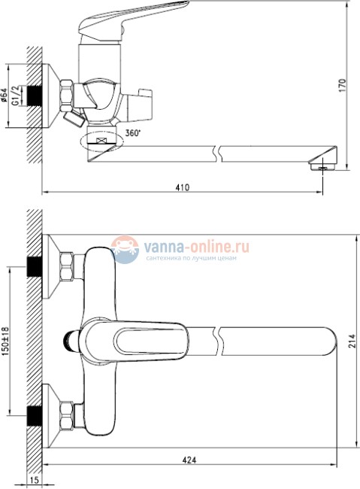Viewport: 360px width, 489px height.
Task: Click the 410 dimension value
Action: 183,187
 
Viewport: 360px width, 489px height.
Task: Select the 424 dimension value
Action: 189,460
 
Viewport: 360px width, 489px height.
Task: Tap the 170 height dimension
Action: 342,86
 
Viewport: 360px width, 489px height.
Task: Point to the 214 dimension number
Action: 352,342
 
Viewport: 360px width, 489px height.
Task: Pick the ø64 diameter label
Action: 4,95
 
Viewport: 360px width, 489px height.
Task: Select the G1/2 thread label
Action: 17,96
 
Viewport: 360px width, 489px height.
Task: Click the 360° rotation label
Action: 133,133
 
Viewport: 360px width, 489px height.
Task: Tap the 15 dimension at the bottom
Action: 35,480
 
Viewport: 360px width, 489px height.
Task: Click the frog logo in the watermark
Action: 126,250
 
